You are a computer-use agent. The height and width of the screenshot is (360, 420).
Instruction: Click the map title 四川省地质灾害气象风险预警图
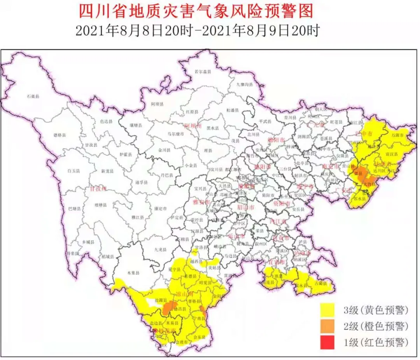[196, 11]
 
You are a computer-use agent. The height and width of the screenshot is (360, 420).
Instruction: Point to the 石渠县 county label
[33, 96]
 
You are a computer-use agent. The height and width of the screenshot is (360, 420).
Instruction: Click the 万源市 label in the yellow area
[397, 134]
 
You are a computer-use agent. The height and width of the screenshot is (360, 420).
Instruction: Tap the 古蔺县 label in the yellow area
[321, 283]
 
